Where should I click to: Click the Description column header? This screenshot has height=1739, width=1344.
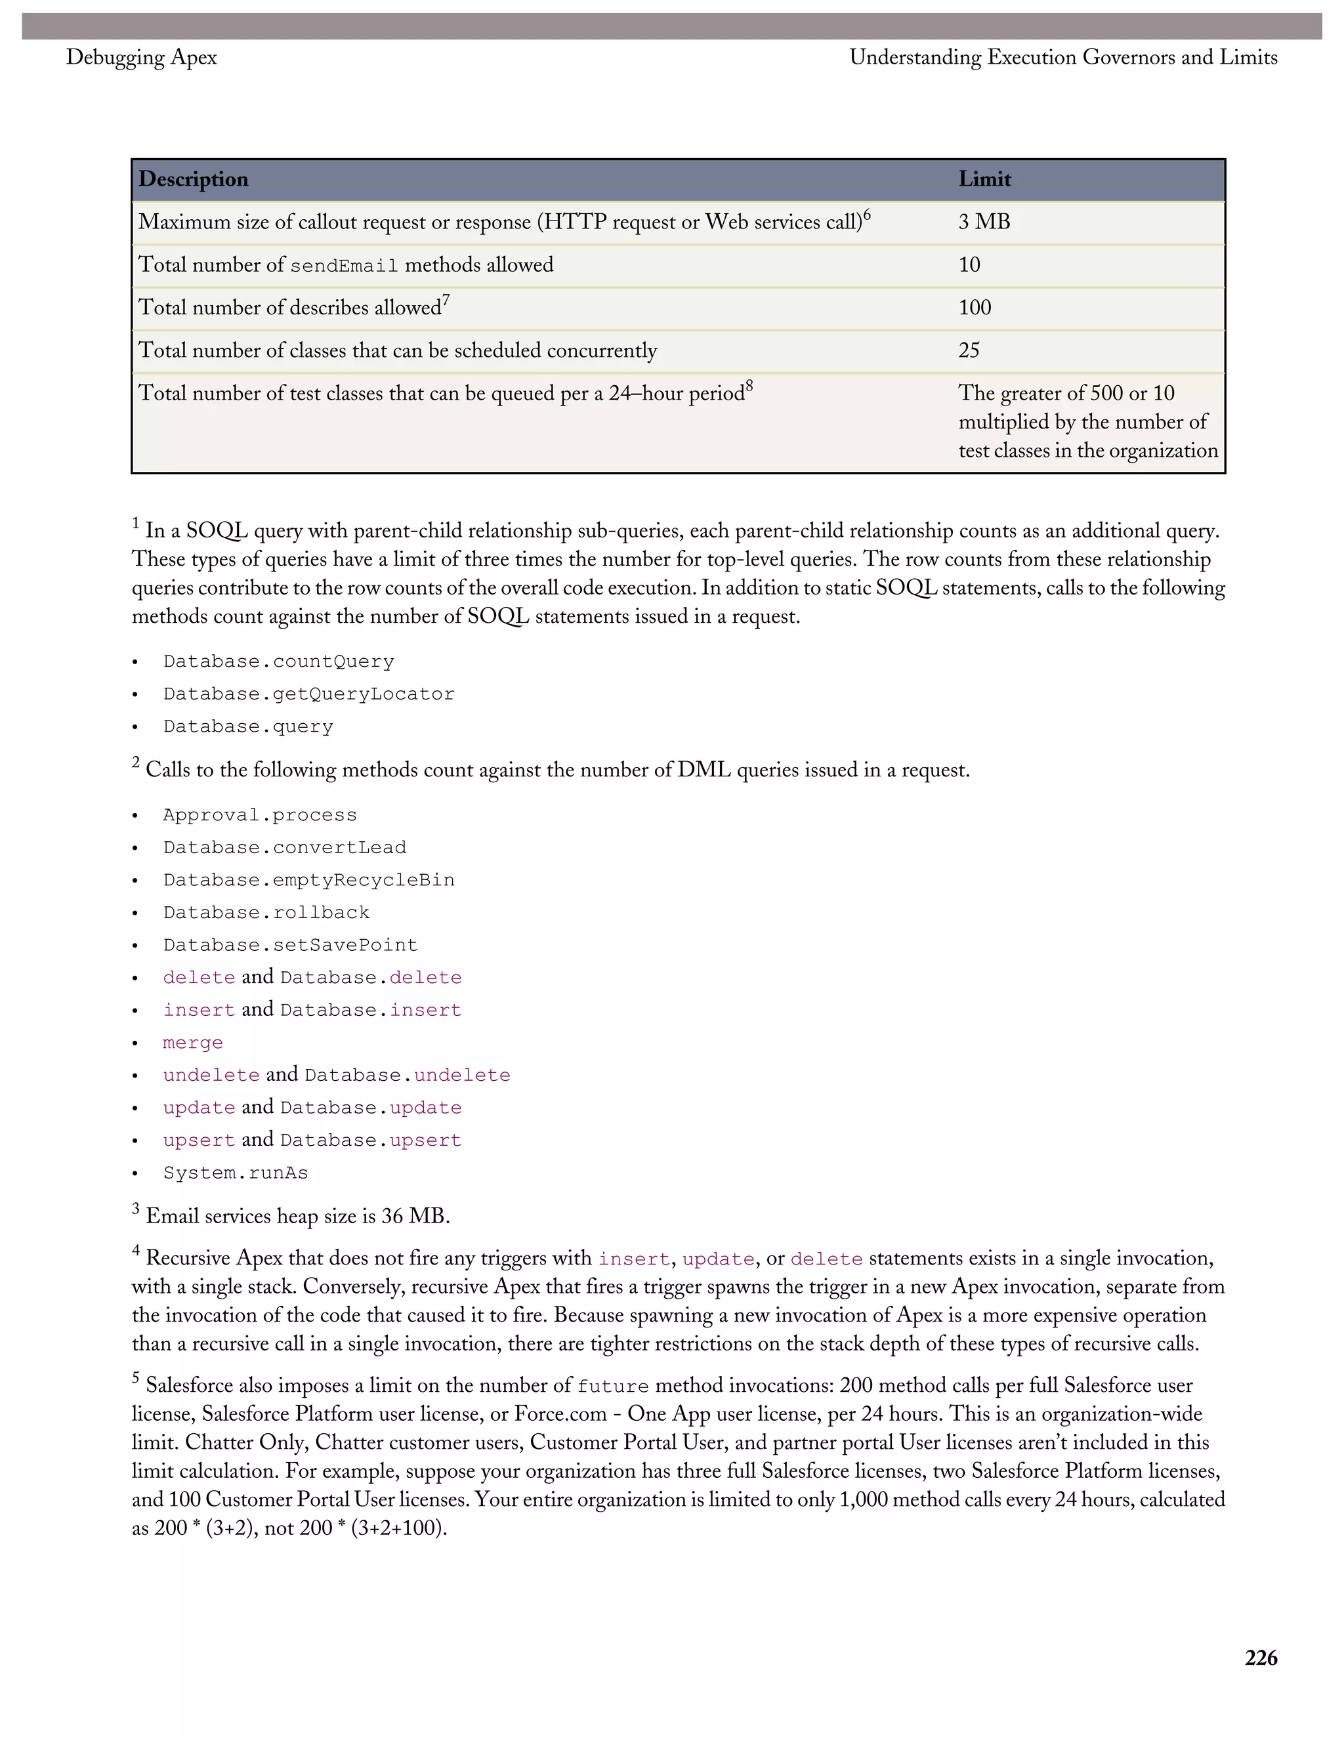(x=194, y=179)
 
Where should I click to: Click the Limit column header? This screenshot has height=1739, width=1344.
(x=984, y=179)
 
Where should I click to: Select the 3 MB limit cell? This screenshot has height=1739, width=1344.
(x=984, y=222)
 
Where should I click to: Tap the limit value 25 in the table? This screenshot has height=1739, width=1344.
(x=969, y=350)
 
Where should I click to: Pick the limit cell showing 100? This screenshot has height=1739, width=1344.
(x=975, y=307)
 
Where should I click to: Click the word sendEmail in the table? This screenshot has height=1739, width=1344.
(x=344, y=266)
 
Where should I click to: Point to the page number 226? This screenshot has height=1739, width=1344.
(x=1261, y=1658)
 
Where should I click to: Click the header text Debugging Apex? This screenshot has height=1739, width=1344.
(x=142, y=57)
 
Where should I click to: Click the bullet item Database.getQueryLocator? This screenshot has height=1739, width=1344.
(x=309, y=694)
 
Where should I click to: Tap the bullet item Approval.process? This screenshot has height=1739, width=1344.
(x=260, y=815)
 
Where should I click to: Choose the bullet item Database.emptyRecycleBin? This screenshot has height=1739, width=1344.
(x=309, y=880)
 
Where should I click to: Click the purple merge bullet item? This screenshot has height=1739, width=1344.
(x=193, y=1043)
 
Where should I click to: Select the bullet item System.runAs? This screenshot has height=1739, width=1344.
(x=236, y=1173)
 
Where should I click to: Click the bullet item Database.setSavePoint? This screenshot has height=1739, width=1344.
(x=291, y=945)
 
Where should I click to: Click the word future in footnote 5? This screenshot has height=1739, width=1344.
(x=613, y=1386)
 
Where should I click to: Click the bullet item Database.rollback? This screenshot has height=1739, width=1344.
(x=266, y=913)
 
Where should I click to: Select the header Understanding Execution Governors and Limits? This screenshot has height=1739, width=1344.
(x=1063, y=57)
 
